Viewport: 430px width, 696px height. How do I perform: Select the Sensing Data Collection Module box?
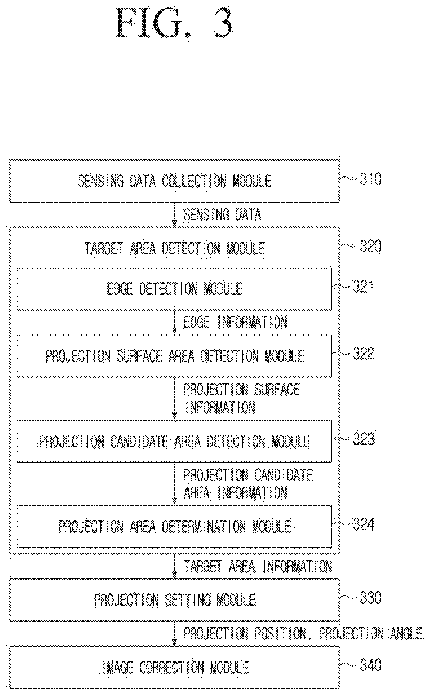coord(174,181)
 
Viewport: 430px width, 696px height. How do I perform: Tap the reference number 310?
coord(370,179)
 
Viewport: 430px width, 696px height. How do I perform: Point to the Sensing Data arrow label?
coord(222,215)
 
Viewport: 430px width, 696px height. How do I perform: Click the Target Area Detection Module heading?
coord(175,248)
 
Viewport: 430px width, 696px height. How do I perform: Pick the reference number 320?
coord(370,246)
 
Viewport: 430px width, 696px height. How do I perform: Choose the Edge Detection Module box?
coord(174,289)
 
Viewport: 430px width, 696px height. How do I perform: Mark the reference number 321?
coord(363,287)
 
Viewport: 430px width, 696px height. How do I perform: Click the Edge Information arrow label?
coord(235,322)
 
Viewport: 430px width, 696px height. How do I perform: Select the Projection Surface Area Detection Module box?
coord(174,356)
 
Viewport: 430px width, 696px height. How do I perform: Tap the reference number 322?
coord(363,354)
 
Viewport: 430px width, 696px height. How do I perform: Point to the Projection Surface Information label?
coord(242,398)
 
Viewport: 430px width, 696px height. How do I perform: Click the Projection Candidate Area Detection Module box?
coord(174,441)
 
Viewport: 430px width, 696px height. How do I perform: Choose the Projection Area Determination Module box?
coord(174,526)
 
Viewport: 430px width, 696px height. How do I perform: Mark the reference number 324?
coord(363,524)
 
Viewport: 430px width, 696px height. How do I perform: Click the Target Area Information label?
coord(258,566)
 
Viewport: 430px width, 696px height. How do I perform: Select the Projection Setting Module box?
coord(174,600)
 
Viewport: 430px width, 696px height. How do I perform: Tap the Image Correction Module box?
coord(174,667)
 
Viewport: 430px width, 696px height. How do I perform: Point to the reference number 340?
coord(370,665)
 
